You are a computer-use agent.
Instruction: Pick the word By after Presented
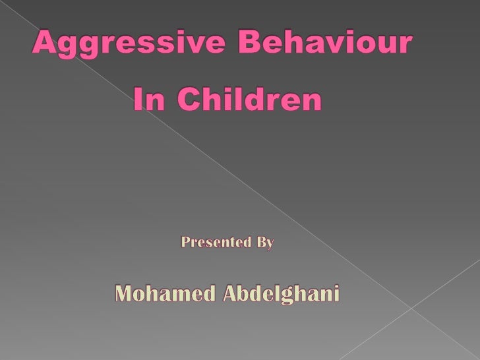pos(265,243)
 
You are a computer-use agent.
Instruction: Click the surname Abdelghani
pos(282,295)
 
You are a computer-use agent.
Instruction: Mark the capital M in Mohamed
pos(123,295)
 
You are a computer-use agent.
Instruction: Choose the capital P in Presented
pos(185,243)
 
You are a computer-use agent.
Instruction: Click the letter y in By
pos(270,244)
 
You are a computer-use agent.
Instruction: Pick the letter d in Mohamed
pos(205,295)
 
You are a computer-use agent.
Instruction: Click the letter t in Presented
pos(232,243)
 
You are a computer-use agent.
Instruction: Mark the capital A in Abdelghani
pos(230,295)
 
